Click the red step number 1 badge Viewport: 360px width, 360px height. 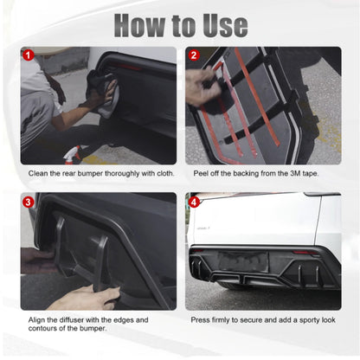coord(29,55)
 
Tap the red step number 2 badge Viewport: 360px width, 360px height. coord(194,55)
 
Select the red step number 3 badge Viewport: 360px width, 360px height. coord(28,202)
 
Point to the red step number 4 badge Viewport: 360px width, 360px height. coord(194,202)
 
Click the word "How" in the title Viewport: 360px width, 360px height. coord(141,25)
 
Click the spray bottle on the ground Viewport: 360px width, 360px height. coord(72,155)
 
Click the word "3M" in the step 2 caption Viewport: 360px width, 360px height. coord(295,173)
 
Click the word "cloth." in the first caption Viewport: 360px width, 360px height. coord(165,173)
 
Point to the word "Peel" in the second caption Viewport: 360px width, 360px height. coord(201,173)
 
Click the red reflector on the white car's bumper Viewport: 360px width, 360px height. coord(305,253)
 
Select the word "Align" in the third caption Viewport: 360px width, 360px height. coord(36,320)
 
